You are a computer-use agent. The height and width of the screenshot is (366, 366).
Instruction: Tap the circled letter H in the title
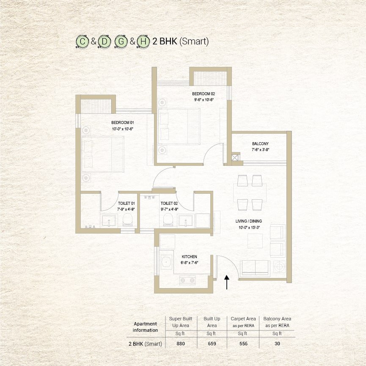[x=144, y=41]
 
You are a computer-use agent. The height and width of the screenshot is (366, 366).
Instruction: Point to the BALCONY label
[x=260, y=144]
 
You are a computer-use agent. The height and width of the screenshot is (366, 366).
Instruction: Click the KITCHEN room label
[x=189, y=256]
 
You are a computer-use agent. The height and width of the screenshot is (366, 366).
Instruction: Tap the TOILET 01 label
[x=127, y=203]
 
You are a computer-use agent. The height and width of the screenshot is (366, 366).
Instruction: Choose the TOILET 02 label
[x=169, y=203]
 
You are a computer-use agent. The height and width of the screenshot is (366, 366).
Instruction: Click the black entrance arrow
[x=227, y=282]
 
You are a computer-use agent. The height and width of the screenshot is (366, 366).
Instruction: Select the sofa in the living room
[x=254, y=268]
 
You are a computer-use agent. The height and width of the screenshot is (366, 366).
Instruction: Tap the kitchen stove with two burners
[x=187, y=280]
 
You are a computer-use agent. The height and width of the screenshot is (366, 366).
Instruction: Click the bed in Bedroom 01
[x=102, y=154]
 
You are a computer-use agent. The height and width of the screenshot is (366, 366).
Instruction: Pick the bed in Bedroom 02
[x=179, y=126]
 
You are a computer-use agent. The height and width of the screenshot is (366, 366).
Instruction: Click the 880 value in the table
[x=181, y=344]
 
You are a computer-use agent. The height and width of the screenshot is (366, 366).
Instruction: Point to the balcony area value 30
[x=277, y=344]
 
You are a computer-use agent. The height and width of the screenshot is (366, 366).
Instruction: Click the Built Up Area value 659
[x=212, y=344]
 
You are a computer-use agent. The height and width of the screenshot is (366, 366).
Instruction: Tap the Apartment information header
[x=145, y=327]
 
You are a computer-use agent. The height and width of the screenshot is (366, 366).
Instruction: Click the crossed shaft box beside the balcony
[x=236, y=157]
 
